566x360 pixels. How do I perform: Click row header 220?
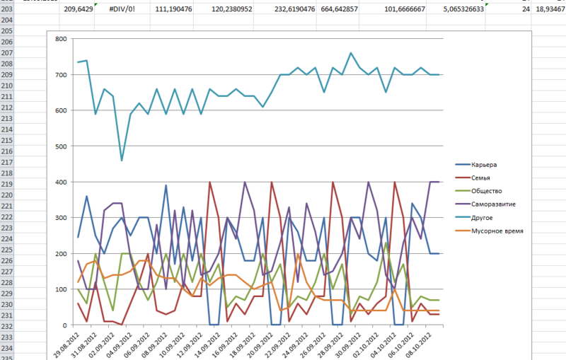(x=8, y=195)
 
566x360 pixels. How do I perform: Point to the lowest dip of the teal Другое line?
(x=122, y=161)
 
